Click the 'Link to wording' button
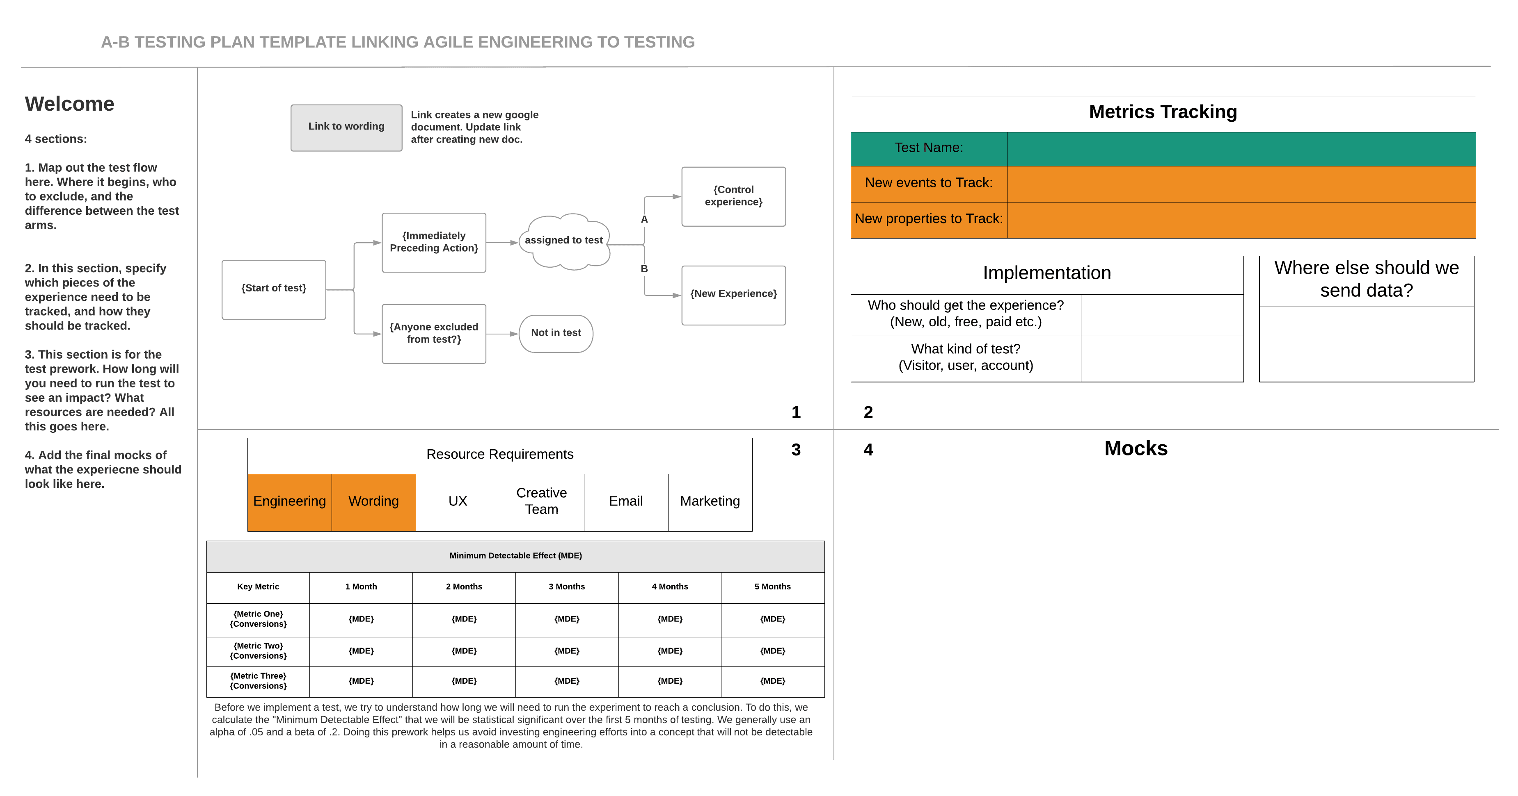[346, 127]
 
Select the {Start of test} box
[273, 289]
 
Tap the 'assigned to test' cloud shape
[564, 241]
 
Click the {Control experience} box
[733, 196]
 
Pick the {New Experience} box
[733, 294]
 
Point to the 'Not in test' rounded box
[556, 333]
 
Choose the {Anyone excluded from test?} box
[434, 333]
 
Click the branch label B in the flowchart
[644, 269]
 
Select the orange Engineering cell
[289, 502]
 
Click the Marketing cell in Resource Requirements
[710, 502]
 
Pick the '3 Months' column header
[566, 587]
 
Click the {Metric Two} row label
[258, 651]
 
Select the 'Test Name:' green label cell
[929, 148]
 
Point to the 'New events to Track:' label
[929, 183]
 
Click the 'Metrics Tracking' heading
[1162, 112]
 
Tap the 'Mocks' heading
[1136, 449]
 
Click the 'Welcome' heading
[69, 104]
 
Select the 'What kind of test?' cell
[965, 358]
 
